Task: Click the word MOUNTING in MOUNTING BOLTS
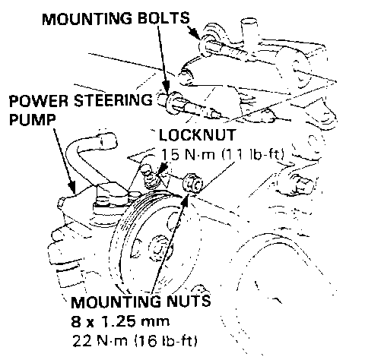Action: pos(87,18)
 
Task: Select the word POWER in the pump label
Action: pos(39,100)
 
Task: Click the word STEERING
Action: pos(113,100)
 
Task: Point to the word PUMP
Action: pos(32,119)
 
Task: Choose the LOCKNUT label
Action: pos(197,135)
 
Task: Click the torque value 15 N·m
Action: pos(188,153)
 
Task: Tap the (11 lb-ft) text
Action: pos(252,153)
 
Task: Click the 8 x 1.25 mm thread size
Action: pos(120,321)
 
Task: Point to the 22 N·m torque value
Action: pos(100,341)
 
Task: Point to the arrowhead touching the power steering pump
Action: pos(72,188)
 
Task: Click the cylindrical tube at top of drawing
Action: pos(249,29)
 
